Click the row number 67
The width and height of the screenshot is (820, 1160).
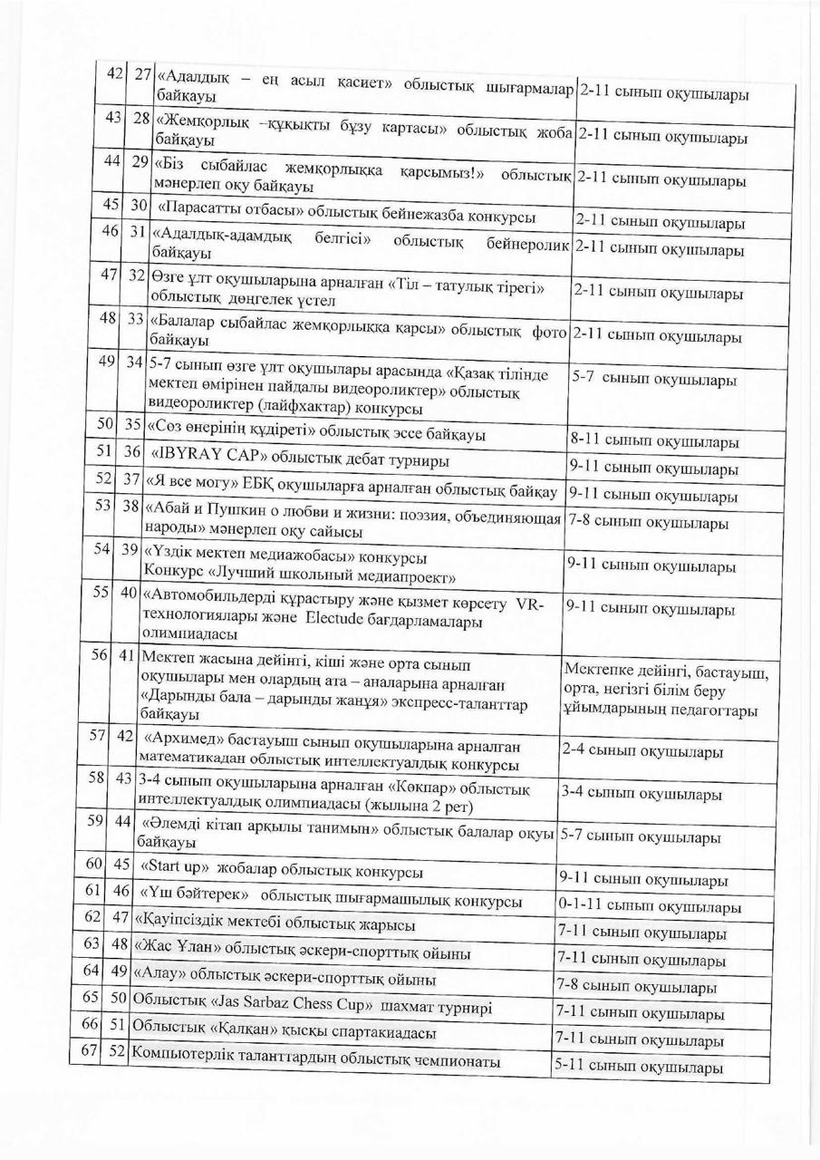point(89,1049)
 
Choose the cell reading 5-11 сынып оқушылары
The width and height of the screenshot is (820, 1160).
point(638,1067)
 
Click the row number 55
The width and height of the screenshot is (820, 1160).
point(101,592)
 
